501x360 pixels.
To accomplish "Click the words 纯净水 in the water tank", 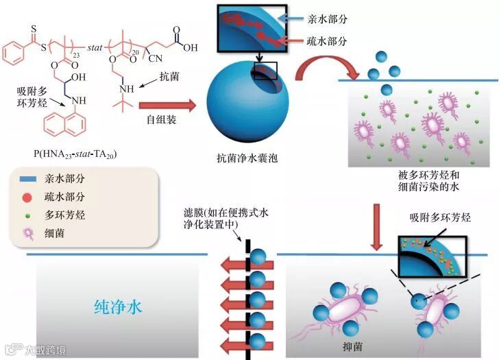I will [x=117, y=307].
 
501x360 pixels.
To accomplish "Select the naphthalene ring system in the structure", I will [x=63, y=124].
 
